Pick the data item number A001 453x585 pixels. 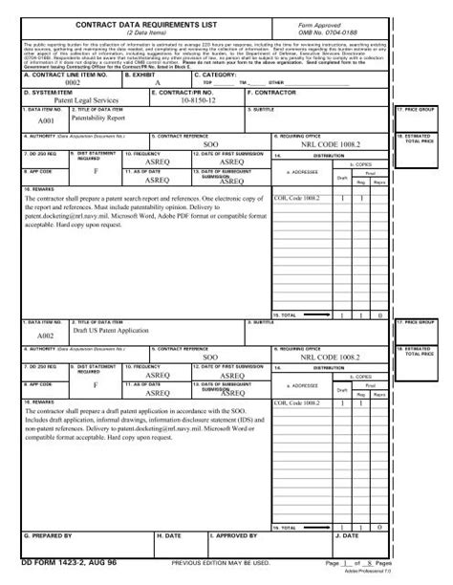pyautogui.click(x=46, y=122)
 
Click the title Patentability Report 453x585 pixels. pyautogui.click(x=97, y=118)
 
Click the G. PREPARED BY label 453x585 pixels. pyautogui.click(x=48, y=536)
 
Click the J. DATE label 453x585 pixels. pyautogui.click(x=343, y=536)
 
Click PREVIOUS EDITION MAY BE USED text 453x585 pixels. pyautogui.click(x=227, y=564)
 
